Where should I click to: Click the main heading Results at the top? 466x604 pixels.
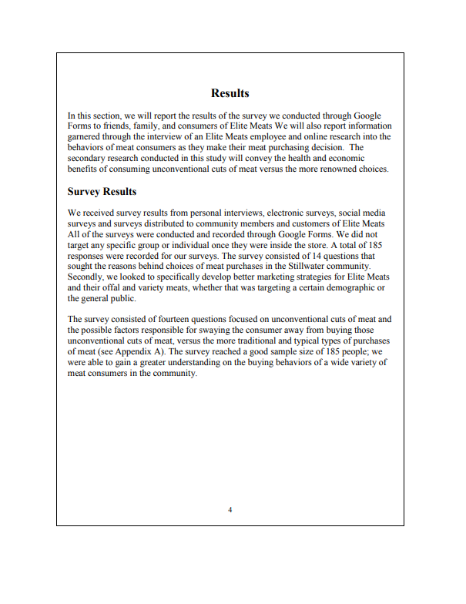coord(230,93)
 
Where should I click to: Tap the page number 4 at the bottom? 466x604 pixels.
coord(230,510)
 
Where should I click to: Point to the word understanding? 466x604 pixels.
coord(213,362)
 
